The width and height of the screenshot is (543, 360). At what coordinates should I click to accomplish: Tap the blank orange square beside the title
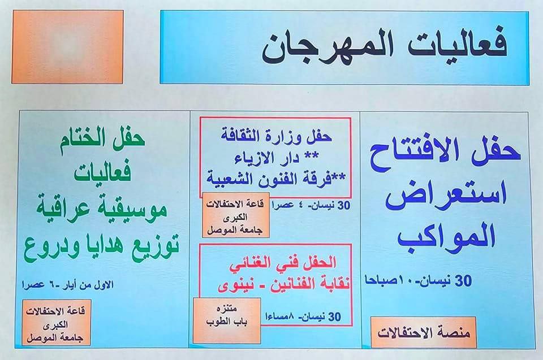(68, 47)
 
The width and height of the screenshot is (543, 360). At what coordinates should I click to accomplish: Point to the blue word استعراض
(446, 196)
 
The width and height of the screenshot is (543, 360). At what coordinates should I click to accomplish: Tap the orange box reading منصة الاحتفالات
(423, 332)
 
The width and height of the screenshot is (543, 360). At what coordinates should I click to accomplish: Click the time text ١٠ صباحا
(385, 281)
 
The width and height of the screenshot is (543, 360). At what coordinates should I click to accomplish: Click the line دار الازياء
(277, 158)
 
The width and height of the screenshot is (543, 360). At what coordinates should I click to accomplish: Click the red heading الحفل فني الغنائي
(283, 264)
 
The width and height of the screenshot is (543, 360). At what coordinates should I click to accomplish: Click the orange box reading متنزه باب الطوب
(227, 320)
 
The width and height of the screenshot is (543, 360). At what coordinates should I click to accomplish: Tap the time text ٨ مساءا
(279, 316)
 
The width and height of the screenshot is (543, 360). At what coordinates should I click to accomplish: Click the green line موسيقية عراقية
(102, 208)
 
